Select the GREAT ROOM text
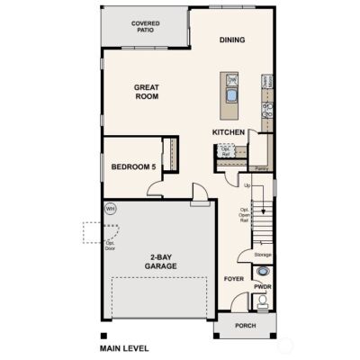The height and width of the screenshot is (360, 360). [x=147, y=93]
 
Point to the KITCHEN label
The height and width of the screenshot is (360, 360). [x=229, y=132]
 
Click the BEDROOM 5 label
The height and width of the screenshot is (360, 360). [x=132, y=167]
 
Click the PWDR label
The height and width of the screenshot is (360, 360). [x=262, y=286]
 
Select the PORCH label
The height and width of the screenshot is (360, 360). [x=245, y=326]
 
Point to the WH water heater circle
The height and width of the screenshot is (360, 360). [x=110, y=209]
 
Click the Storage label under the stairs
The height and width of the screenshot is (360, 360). [x=262, y=255]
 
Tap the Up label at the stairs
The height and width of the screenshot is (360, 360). [x=247, y=186]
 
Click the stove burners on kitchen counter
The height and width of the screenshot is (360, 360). [x=266, y=111]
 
